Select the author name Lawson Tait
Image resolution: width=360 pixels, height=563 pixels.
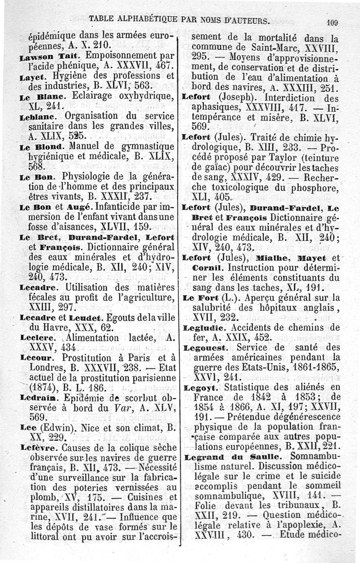(x=43, y=58)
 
